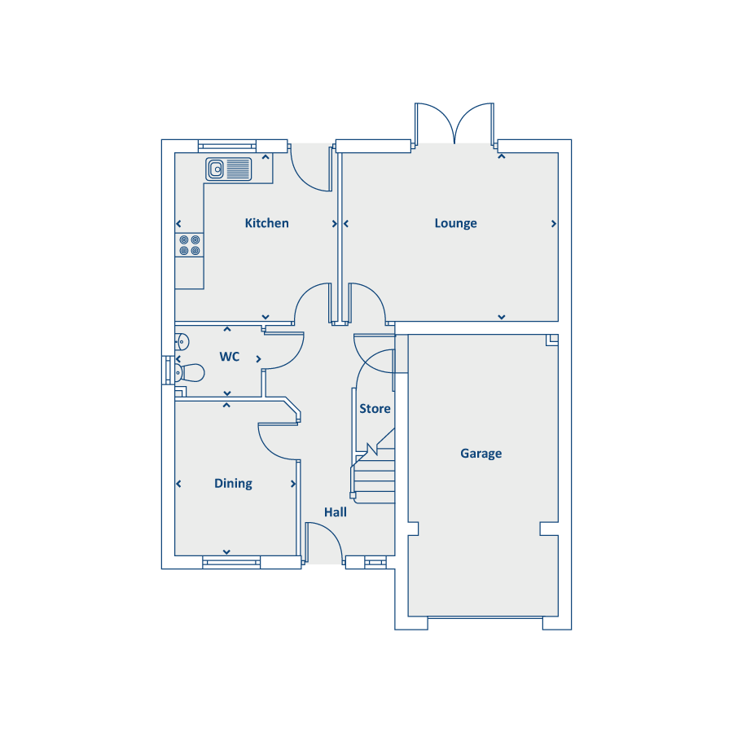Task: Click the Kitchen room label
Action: click(x=266, y=223)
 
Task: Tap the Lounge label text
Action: click(x=456, y=223)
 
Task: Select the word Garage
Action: click(x=481, y=454)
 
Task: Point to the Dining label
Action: click(x=233, y=483)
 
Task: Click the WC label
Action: click(x=230, y=357)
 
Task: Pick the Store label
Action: click(x=375, y=409)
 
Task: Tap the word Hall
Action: click(x=336, y=512)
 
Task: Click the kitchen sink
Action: click(x=229, y=169)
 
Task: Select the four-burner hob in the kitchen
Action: click(x=189, y=245)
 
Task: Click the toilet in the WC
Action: click(x=190, y=373)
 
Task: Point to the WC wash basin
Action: click(x=182, y=342)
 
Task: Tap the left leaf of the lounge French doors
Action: click(x=434, y=122)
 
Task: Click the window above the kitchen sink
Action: click(x=226, y=147)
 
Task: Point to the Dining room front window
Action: click(x=231, y=562)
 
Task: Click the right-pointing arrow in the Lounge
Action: click(x=554, y=224)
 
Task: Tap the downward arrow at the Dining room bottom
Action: click(x=226, y=552)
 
